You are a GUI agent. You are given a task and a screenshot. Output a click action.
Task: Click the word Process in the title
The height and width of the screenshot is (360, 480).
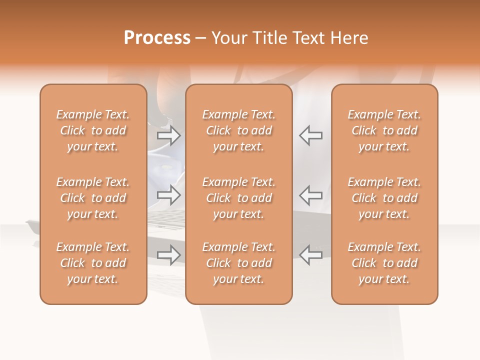pyautogui.click(x=157, y=38)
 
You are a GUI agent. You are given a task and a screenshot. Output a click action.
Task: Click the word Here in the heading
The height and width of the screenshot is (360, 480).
pyautogui.click(x=349, y=38)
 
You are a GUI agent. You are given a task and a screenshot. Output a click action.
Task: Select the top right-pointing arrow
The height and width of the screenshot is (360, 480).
pyautogui.click(x=168, y=135)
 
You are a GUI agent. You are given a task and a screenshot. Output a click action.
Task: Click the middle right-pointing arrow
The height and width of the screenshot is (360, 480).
pyautogui.click(x=168, y=195)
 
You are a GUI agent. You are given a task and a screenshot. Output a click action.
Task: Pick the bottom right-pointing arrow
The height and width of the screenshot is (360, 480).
pyautogui.click(x=168, y=255)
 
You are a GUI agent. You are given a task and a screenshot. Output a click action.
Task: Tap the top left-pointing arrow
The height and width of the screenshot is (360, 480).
pyautogui.click(x=310, y=135)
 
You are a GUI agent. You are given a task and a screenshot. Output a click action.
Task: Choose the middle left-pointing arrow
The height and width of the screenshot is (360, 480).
pyautogui.click(x=310, y=195)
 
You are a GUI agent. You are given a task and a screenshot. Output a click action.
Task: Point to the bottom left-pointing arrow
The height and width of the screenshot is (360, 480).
pyautogui.click(x=310, y=255)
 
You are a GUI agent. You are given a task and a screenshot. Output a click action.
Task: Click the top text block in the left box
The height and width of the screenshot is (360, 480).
pyautogui.click(x=93, y=130)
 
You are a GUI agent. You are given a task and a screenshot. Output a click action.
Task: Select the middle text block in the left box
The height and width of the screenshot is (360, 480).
pyautogui.click(x=93, y=198)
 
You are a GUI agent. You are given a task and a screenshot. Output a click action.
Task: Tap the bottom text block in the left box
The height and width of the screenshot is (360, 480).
pyautogui.click(x=93, y=263)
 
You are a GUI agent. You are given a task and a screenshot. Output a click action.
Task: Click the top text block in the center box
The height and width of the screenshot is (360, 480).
pyautogui.click(x=238, y=130)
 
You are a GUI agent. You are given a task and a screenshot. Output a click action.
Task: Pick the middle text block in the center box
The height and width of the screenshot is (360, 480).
pyautogui.click(x=238, y=198)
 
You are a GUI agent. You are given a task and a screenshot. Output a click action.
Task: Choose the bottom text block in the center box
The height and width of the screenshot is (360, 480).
pyautogui.click(x=238, y=263)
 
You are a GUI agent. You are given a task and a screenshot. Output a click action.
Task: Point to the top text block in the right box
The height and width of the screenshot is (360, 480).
pyautogui.click(x=384, y=130)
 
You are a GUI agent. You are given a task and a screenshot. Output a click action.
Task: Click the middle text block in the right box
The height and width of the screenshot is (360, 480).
pyautogui.click(x=384, y=198)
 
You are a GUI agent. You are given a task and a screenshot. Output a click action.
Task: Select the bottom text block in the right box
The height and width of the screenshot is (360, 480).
pyautogui.click(x=384, y=263)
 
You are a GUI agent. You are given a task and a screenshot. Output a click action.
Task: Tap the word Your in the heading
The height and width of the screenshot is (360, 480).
pyautogui.click(x=228, y=38)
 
